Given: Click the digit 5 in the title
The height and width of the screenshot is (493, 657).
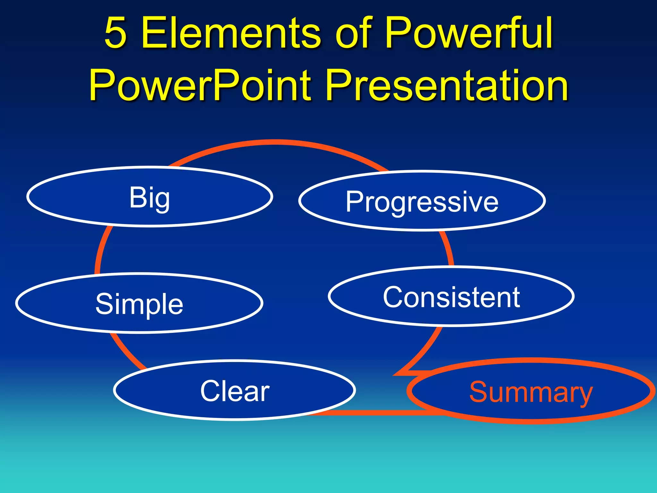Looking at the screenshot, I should [115, 33].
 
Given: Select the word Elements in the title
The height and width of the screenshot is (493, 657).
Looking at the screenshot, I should [231, 33].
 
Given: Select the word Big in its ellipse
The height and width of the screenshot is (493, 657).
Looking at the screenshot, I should [149, 198].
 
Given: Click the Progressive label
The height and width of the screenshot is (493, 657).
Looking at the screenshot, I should [422, 202].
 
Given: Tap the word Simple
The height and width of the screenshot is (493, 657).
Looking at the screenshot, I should [139, 304].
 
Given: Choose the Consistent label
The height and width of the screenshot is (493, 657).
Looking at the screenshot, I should [451, 298].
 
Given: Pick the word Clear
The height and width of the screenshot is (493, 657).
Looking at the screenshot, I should [235, 391].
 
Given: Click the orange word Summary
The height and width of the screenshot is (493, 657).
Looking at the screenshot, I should [531, 392].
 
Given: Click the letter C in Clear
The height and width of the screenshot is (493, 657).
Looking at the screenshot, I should [211, 391].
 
